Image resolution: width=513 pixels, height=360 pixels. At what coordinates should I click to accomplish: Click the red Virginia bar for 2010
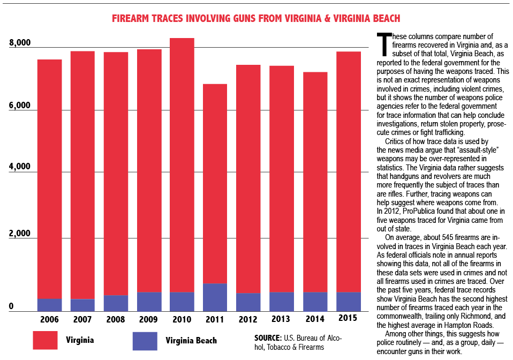[x=182, y=161]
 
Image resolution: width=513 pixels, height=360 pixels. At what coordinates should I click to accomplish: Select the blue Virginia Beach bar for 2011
[x=215, y=297]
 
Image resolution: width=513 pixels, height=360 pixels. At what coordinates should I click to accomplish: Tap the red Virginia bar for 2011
[x=215, y=182]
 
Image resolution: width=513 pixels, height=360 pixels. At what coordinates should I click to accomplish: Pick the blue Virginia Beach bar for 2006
[x=49, y=305]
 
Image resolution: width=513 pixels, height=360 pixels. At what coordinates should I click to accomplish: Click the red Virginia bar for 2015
[x=348, y=171]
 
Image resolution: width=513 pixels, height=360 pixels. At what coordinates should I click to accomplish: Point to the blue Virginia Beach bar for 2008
[x=116, y=303]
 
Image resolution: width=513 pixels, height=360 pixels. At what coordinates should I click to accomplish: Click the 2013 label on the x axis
[x=281, y=319]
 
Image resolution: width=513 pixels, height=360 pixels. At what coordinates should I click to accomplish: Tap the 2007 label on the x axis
[x=82, y=319]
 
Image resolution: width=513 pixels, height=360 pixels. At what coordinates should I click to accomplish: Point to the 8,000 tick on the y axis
[x=20, y=43]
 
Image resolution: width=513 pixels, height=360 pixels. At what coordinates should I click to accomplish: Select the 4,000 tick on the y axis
[x=20, y=167]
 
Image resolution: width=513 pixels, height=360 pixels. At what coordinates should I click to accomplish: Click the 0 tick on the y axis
[x=10, y=307]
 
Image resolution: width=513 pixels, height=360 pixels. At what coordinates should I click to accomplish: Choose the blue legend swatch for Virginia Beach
[x=145, y=341]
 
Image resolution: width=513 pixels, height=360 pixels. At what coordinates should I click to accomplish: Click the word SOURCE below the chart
[x=268, y=338]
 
